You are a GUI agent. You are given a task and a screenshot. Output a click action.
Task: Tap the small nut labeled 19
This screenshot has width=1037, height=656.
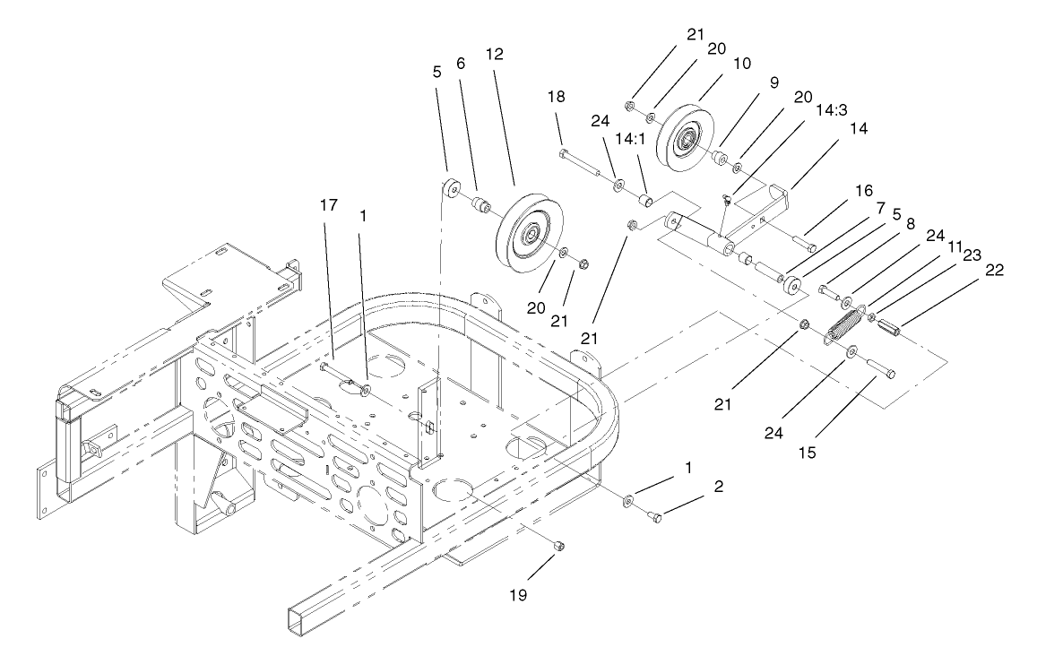point(557,546)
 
